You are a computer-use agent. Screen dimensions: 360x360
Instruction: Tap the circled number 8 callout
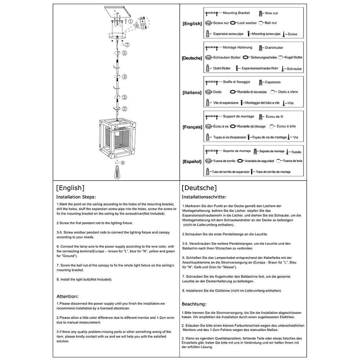point(123,162)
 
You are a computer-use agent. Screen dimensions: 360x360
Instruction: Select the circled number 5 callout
point(124,53)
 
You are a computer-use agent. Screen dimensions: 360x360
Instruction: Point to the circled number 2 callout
point(125,109)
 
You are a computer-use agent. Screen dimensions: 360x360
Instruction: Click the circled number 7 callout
point(127,45)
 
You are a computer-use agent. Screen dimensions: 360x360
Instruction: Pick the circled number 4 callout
point(124,77)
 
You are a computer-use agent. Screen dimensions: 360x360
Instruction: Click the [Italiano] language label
point(192,93)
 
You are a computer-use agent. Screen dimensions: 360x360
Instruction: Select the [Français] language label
point(192,127)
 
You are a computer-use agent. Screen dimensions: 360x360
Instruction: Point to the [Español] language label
point(192,162)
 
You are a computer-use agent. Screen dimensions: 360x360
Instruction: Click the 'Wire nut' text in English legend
point(271,13)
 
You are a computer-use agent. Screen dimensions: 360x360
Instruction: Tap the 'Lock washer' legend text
point(247,23)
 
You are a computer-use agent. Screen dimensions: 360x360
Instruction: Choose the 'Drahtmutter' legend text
point(274,48)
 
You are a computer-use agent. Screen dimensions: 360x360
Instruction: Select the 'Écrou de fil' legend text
point(274,117)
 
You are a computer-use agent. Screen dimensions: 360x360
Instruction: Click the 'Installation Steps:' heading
point(76,197)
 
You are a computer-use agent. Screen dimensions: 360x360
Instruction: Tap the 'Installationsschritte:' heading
point(204,197)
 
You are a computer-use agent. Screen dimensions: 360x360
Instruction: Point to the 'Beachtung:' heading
point(194,304)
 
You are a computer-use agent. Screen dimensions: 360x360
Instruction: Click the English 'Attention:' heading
point(67,296)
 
